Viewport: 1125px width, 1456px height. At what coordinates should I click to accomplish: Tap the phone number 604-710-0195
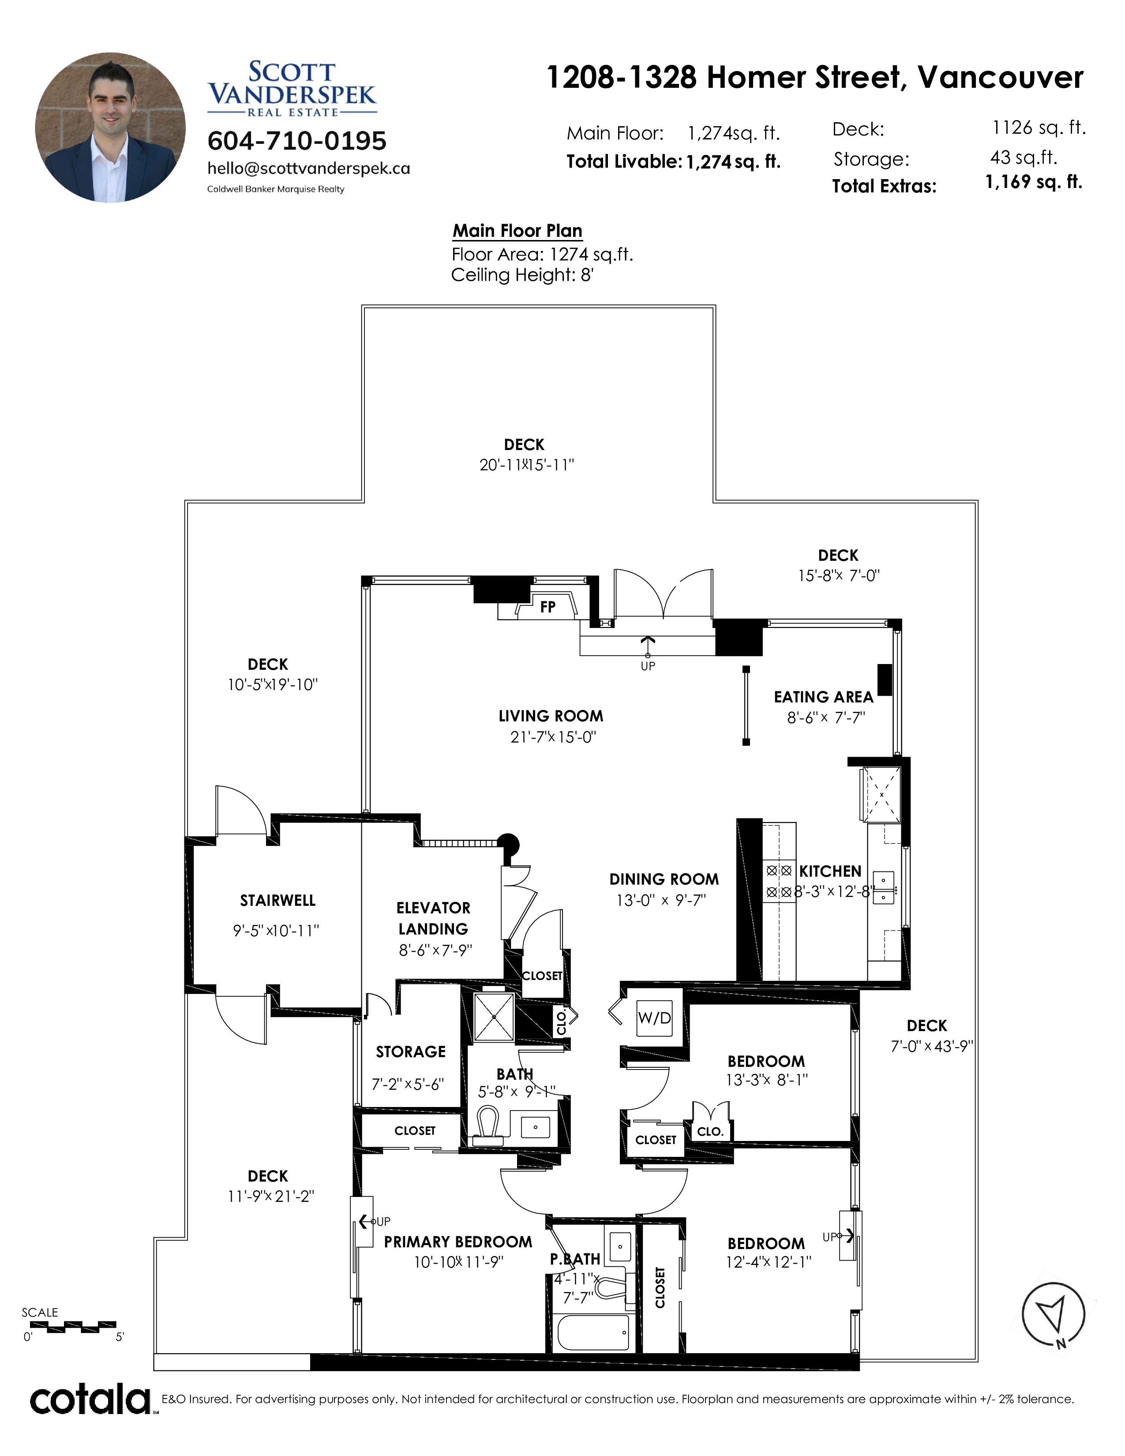[297, 141]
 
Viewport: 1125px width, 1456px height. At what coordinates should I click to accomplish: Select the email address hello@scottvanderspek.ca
[308, 169]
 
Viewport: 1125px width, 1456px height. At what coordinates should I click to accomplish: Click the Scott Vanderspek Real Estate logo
[292, 89]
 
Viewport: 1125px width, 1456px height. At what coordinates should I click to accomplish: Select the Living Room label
[551, 717]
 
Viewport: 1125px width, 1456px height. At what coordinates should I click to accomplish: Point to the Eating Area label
[823, 697]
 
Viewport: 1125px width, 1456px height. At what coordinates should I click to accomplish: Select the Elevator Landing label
[433, 918]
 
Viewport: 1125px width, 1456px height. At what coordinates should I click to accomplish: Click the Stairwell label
[278, 901]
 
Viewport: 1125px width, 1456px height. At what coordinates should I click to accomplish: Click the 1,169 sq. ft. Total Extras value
[1034, 182]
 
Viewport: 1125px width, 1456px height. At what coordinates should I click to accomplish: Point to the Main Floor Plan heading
[518, 231]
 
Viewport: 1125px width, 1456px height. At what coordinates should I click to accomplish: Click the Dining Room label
[664, 879]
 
